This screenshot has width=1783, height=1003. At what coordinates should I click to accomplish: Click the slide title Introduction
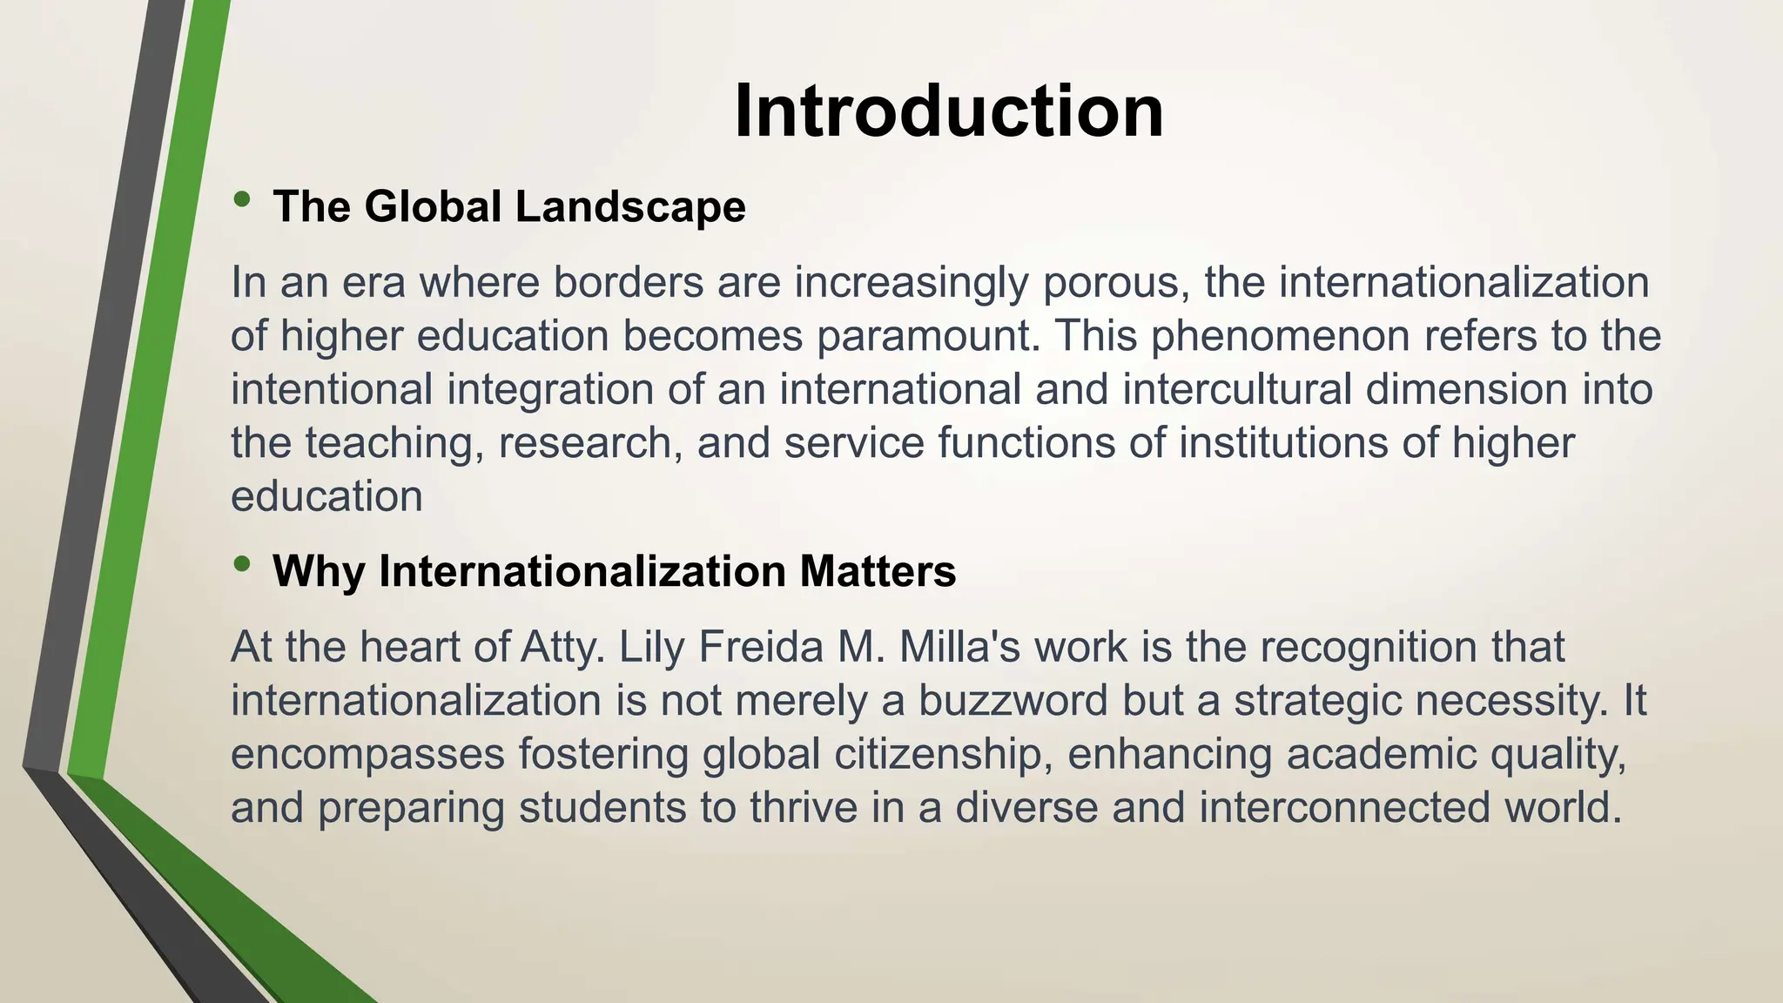pos(948,111)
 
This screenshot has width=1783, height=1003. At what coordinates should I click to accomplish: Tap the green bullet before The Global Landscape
pos(242,200)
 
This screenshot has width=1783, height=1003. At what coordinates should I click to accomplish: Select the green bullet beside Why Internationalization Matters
pos(242,565)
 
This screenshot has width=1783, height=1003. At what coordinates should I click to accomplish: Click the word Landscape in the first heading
pos(630,207)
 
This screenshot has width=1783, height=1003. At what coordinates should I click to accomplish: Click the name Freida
pos(761,647)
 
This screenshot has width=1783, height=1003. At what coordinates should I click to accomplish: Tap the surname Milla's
pos(959,647)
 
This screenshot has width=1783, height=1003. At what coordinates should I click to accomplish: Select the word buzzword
pos(1013,701)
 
